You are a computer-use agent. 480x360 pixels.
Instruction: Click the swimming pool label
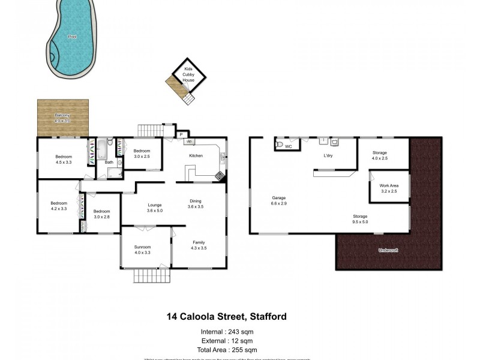click(72, 37)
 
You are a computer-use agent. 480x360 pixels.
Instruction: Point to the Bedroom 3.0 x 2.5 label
click(142, 154)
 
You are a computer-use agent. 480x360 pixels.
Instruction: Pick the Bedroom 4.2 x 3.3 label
click(59, 206)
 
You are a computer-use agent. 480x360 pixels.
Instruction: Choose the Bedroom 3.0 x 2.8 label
click(101, 214)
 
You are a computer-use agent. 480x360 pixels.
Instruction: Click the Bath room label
click(109, 162)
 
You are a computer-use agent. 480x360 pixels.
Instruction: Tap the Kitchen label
click(196, 155)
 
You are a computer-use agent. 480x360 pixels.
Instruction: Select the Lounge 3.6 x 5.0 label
click(155, 208)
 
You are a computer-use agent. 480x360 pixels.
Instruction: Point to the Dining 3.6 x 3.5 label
click(196, 203)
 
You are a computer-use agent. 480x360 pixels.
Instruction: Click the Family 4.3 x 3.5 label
click(198, 244)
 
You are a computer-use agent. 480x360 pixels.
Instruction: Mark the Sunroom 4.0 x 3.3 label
click(142, 250)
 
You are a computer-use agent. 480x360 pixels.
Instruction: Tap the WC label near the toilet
click(289, 146)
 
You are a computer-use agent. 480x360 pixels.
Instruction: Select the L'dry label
click(328, 156)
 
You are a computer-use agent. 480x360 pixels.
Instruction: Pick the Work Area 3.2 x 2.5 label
click(389, 188)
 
